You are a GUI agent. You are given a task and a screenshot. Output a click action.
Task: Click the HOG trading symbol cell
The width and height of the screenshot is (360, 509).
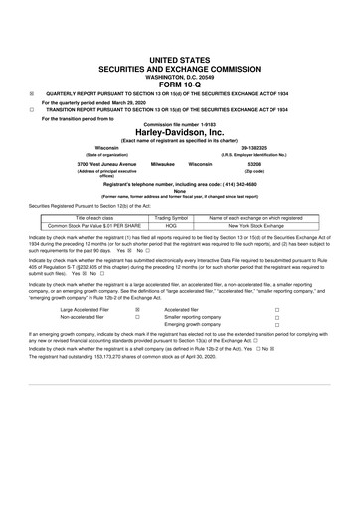tap(171, 226)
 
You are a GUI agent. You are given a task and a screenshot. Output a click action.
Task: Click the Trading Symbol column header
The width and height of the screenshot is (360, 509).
tap(171, 218)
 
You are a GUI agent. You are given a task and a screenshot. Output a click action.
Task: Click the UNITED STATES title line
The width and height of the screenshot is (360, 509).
tap(181, 32)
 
